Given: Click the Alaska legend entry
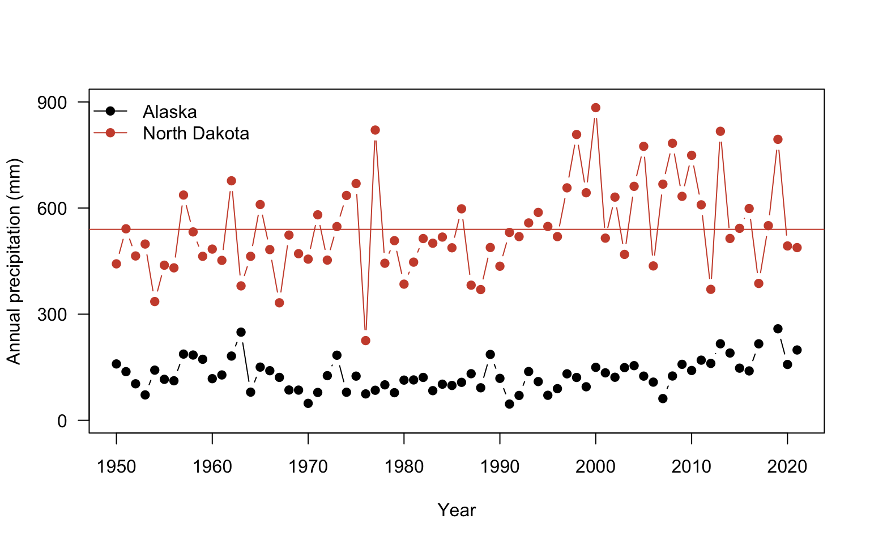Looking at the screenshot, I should coord(169,112).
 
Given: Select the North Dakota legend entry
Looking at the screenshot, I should coord(195,133).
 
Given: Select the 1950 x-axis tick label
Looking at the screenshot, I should coord(116,467).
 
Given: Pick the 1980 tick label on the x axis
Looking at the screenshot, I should coord(404,467).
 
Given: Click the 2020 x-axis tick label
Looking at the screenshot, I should coord(787,467).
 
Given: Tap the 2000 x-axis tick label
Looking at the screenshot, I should coord(595,467).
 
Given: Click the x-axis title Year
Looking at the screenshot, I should coord(457,511).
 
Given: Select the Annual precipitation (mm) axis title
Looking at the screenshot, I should coord(14,261).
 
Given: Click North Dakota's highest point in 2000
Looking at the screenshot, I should coord(595,108).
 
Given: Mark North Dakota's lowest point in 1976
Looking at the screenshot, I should coord(365,341).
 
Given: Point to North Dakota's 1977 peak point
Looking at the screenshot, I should coord(375,130).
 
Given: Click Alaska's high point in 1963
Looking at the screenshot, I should coord(241,332).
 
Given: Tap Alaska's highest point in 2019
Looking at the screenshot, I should coord(778,329).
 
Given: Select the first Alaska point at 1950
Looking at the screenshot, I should coord(116,364).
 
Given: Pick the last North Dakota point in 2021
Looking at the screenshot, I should coord(797,248).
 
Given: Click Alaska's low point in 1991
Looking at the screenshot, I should coord(509,404).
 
